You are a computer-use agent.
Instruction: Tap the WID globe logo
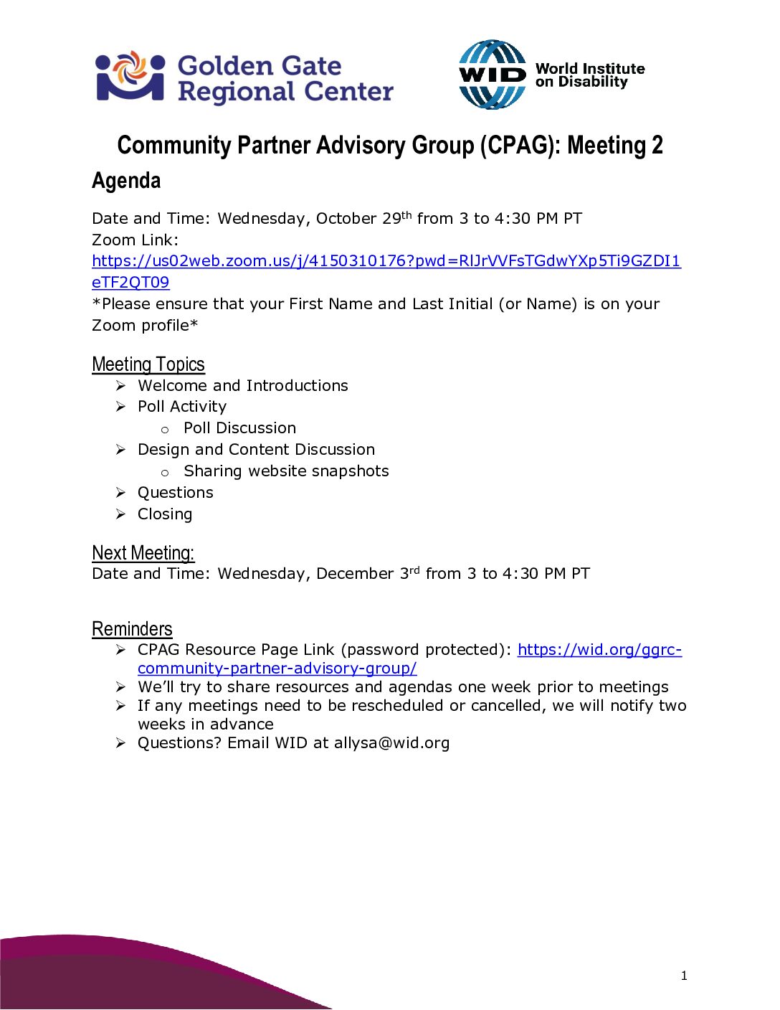click(x=492, y=75)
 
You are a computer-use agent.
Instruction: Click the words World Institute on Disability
click(x=589, y=75)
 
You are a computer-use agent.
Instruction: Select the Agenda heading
click(x=126, y=181)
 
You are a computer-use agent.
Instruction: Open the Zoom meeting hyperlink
click(x=386, y=261)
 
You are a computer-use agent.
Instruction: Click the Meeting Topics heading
click(x=148, y=364)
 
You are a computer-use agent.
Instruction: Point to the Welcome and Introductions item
click(x=242, y=386)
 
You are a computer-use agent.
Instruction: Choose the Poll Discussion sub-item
click(x=239, y=428)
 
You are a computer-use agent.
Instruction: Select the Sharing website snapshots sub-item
click(x=286, y=471)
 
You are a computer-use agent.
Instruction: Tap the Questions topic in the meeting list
click(x=176, y=493)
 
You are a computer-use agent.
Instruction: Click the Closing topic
click(x=165, y=514)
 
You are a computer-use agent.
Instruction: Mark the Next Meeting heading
click(x=143, y=553)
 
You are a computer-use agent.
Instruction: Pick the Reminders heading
click(x=132, y=629)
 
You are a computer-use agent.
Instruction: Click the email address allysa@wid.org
click(x=391, y=743)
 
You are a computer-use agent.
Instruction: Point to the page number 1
click(x=684, y=976)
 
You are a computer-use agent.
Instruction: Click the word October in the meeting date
click(x=346, y=219)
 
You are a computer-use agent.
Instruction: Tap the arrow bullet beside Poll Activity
click(x=120, y=407)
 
